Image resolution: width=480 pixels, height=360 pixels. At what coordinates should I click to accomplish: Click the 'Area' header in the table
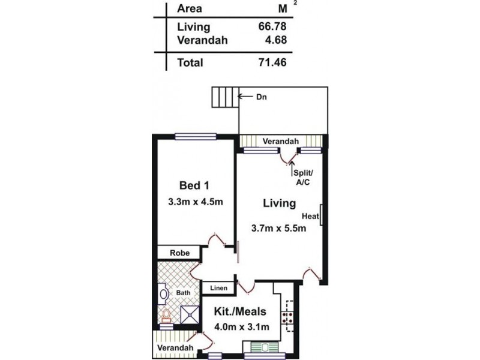pos(189,9)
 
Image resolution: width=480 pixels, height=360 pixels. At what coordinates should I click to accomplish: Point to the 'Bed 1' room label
pos(195,184)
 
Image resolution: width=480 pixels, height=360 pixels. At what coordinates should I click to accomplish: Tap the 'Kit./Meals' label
pos(240,313)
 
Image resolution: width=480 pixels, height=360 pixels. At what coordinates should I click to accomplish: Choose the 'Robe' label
pos(179,253)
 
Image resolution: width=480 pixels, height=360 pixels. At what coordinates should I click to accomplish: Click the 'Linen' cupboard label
pos(218,289)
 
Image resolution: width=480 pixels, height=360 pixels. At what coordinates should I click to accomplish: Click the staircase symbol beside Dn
pos(224,97)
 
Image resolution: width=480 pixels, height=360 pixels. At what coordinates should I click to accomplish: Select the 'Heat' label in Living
pos(310,215)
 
